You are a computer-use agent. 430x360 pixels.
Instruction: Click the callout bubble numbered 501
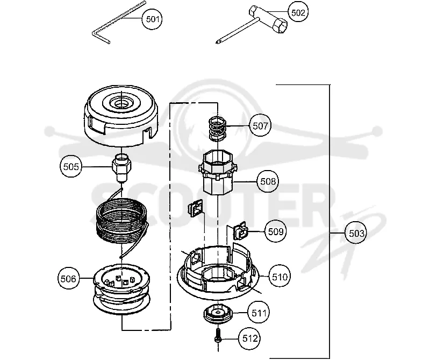(153, 19)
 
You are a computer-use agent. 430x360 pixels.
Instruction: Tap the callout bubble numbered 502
(298, 12)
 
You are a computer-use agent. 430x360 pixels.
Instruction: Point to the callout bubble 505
(71, 167)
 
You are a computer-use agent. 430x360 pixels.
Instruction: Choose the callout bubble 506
(68, 279)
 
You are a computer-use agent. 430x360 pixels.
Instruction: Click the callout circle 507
(260, 126)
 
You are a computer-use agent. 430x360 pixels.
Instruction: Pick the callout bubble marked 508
(268, 181)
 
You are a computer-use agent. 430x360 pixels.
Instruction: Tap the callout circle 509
(275, 231)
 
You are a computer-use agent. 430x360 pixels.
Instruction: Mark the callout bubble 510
(279, 277)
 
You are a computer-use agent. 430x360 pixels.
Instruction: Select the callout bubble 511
(259, 313)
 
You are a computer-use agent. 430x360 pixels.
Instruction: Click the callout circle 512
(249, 338)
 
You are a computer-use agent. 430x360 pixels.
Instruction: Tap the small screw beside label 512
(218, 336)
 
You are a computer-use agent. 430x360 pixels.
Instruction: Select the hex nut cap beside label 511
(218, 314)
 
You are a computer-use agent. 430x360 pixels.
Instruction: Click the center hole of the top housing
(120, 103)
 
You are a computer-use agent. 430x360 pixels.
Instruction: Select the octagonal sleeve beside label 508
(217, 172)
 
